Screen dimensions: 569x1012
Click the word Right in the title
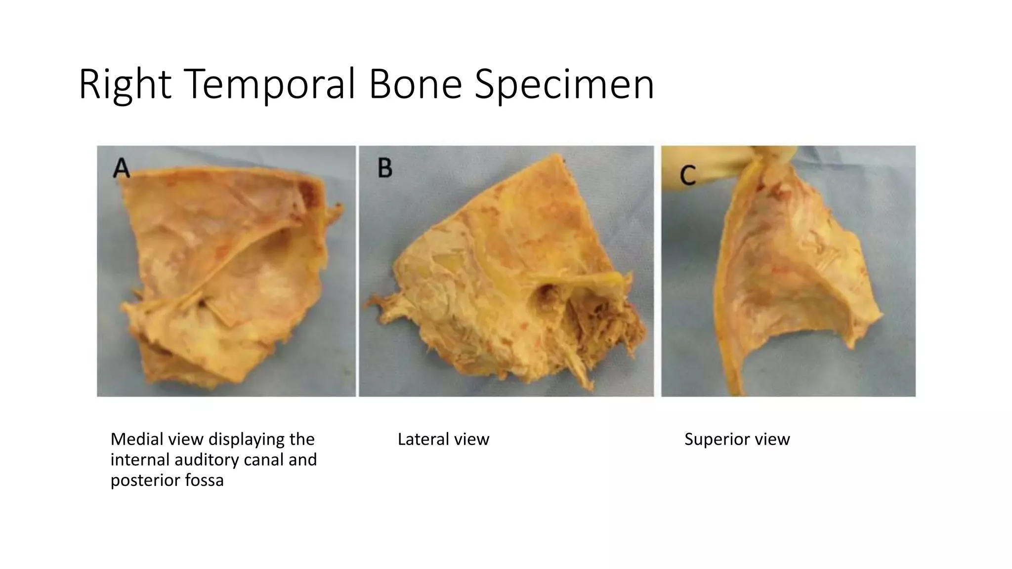[x=125, y=84]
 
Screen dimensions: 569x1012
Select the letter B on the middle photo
[x=385, y=168]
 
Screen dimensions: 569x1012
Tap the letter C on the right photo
[x=688, y=175]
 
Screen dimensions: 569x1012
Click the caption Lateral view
[x=443, y=439]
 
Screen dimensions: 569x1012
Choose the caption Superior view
[x=737, y=439]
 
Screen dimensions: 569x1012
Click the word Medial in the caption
[x=134, y=439]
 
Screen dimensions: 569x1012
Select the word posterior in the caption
[x=144, y=480]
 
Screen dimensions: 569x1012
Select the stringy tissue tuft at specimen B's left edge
[x=383, y=301]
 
